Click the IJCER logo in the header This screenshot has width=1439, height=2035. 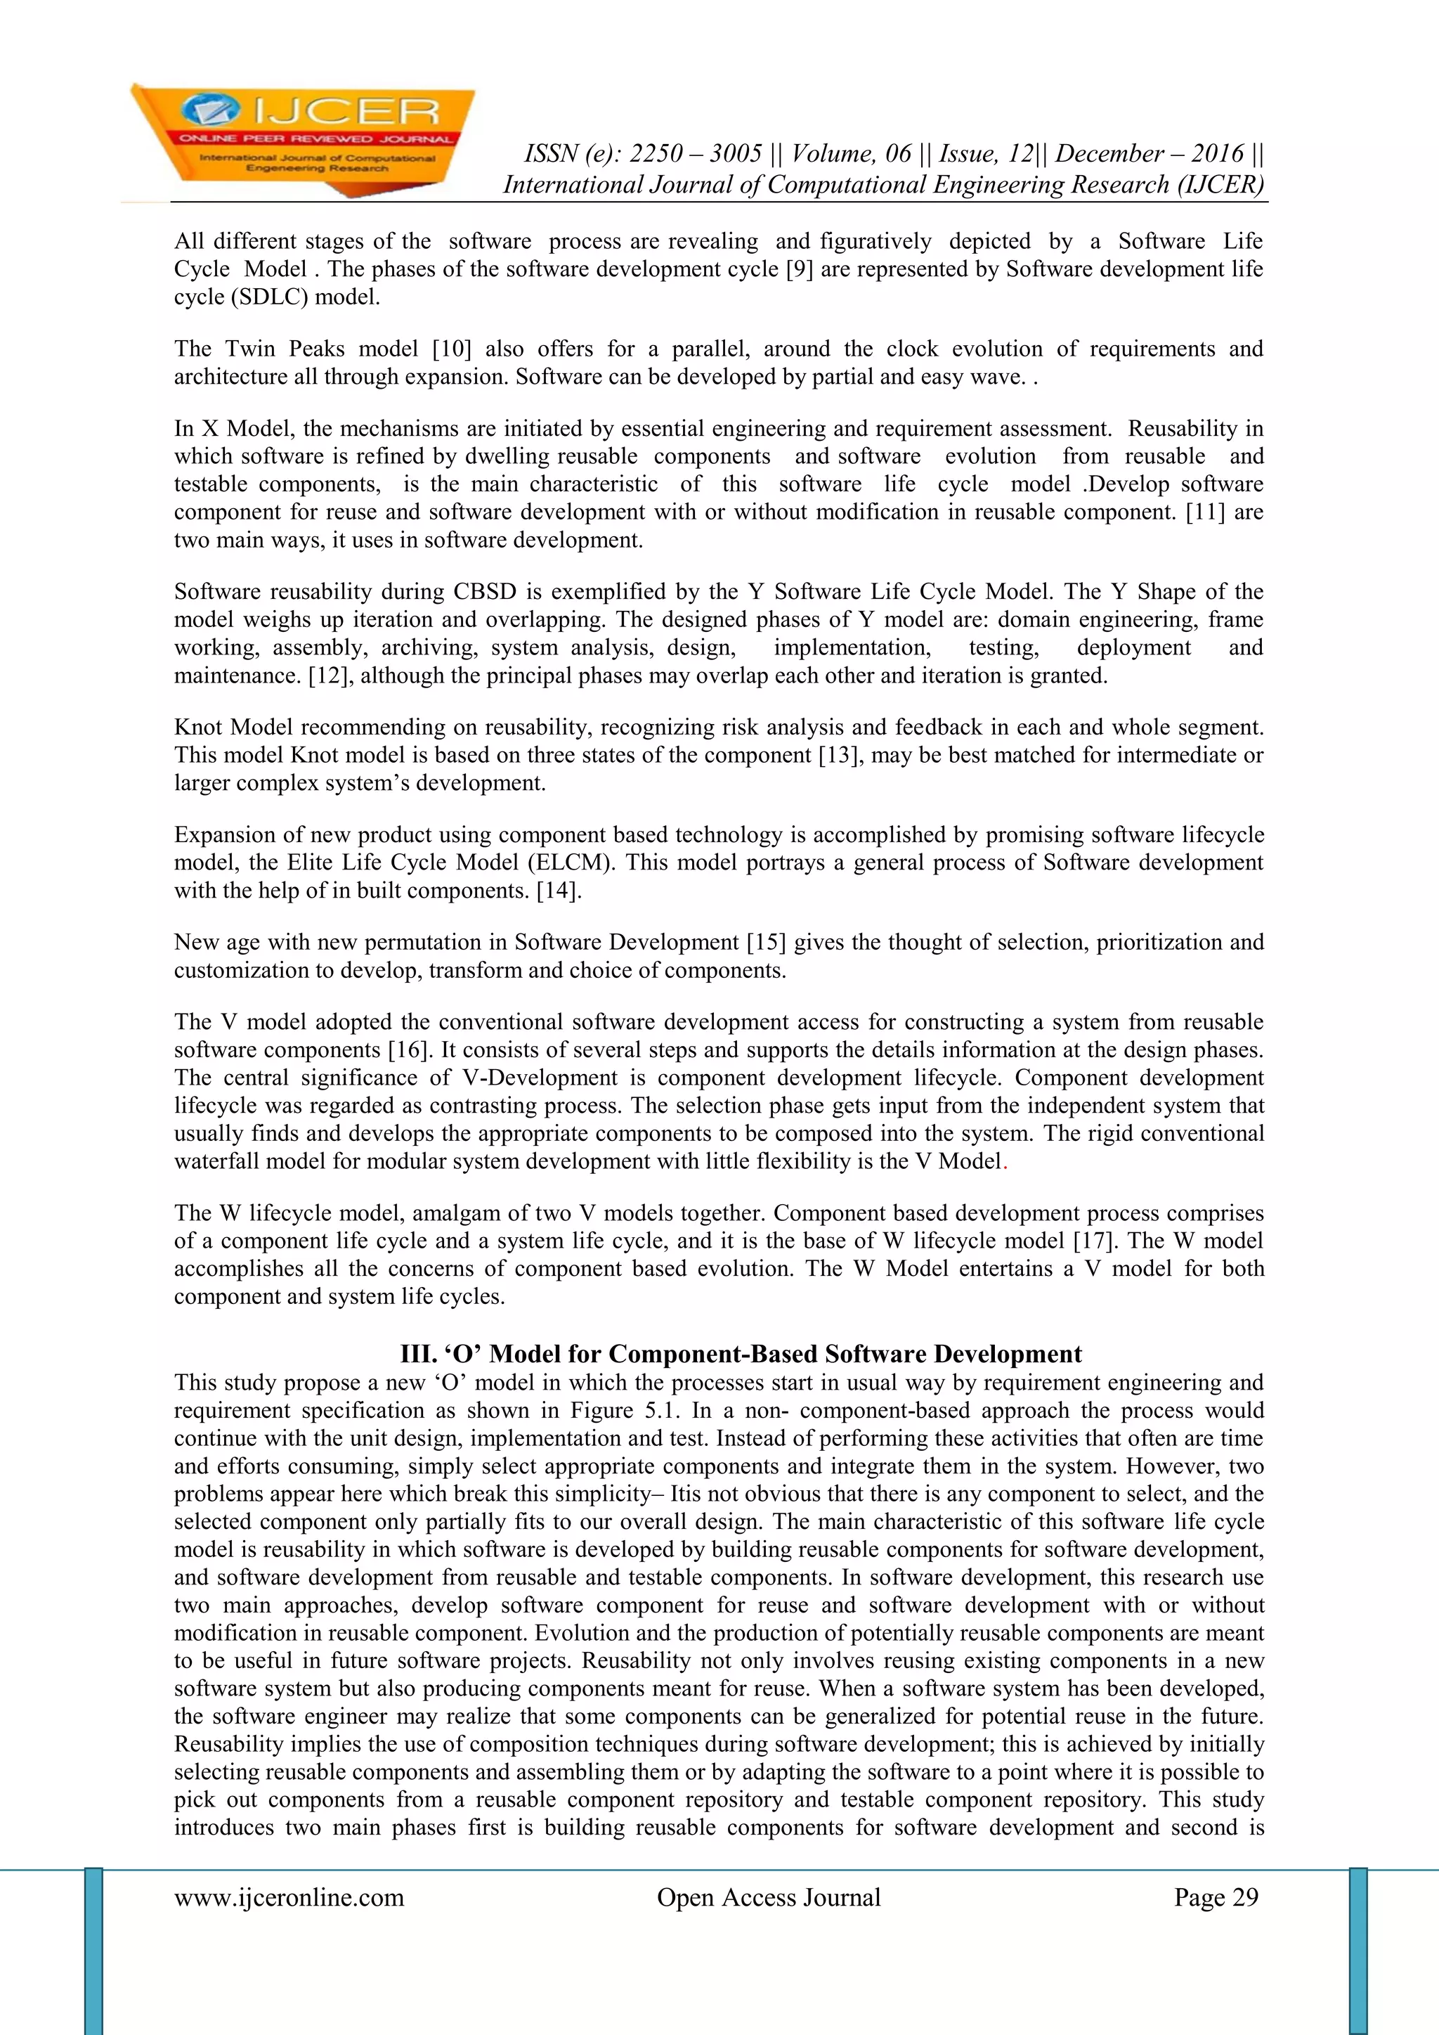[301, 137]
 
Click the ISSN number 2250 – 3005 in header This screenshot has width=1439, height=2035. [696, 154]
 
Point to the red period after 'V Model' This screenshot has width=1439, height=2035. [1004, 1162]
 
